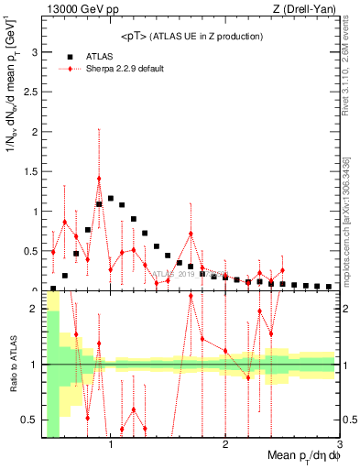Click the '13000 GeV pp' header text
83,10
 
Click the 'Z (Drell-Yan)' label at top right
308,10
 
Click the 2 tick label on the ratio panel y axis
34,309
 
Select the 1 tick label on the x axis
111,445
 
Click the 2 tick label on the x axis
225,445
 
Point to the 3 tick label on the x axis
339,445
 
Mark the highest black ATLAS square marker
111,198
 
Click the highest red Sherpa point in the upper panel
99,179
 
